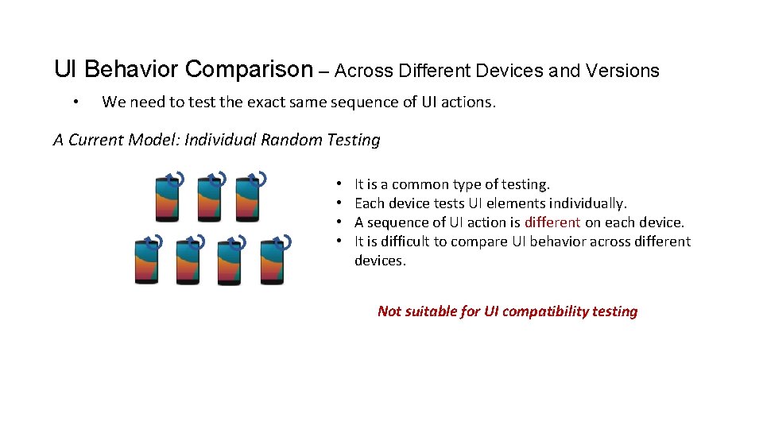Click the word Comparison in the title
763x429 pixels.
coord(250,70)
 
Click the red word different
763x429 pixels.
coord(552,222)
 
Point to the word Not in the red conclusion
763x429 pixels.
coord(389,311)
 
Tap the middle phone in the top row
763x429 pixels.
coord(208,198)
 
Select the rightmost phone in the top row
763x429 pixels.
coord(248,198)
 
